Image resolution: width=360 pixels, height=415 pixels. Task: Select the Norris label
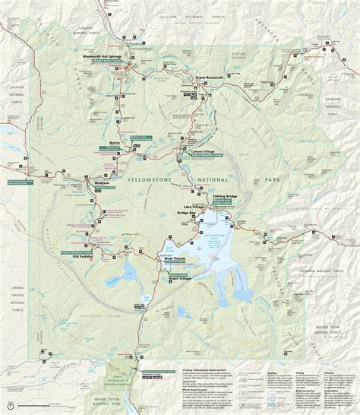point(116,143)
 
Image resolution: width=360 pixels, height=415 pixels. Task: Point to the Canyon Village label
point(201,150)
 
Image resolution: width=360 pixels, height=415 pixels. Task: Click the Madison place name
point(103,183)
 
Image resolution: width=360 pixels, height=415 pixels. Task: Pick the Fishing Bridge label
point(226,197)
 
